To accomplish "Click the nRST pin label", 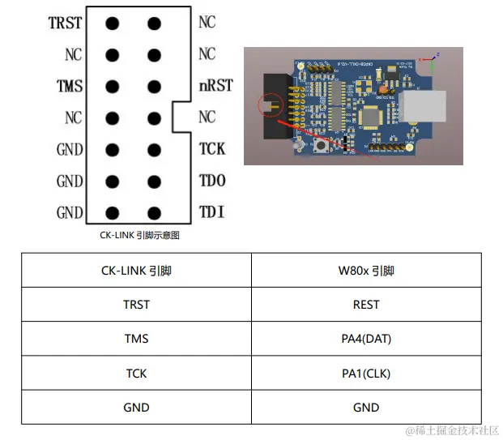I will (x=216, y=86).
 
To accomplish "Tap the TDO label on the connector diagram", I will (x=212, y=181).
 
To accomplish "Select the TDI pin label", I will (x=211, y=213).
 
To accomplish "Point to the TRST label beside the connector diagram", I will (x=66, y=23).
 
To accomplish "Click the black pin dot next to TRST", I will (x=112, y=23).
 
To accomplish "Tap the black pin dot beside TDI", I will (x=154, y=214).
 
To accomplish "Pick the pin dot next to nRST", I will (x=154, y=87).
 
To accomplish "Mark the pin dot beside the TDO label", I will (x=154, y=182).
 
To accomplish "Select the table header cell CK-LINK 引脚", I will (x=136, y=271).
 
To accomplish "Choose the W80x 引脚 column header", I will (x=366, y=271).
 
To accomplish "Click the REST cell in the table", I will (x=366, y=305).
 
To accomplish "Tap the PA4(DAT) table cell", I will (x=366, y=340).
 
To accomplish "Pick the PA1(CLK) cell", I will (x=366, y=374).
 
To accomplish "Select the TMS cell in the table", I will (x=136, y=340).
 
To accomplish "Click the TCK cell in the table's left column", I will (x=136, y=374).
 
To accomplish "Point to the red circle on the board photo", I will (x=268, y=105).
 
